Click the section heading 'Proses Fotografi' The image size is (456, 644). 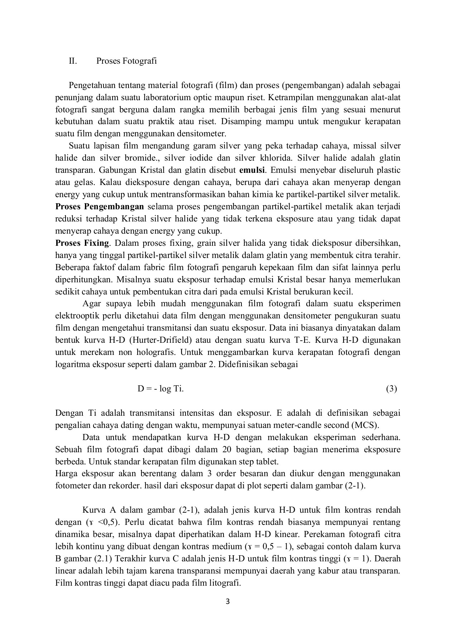click(x=126, y=61)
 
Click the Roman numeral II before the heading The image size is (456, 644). click(x=73, y=61)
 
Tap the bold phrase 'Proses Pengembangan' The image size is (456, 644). click(x=100, y=207)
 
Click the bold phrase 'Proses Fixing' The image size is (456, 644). click(x=82, y=243)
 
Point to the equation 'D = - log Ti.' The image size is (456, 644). click(x=160, y=389)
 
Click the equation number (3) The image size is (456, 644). click(x=392, y=389)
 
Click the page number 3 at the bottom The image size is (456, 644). click(x=228, y=601)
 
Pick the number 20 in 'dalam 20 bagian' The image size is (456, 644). click(x=227, y=449)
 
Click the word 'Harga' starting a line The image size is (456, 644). click(x=66, y=474)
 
